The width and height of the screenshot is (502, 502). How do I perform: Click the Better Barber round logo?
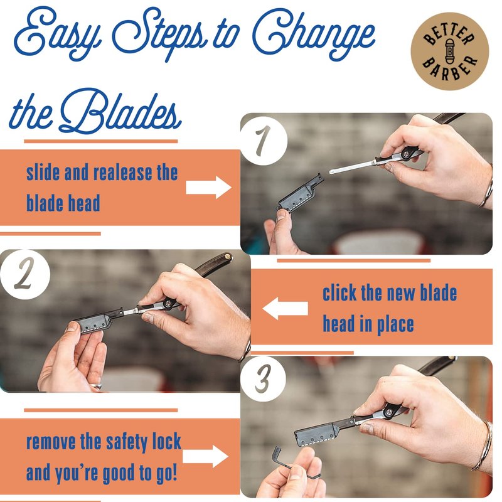pyautogui.click(x=450, y=51)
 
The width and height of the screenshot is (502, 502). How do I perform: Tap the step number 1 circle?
pyautogui.click(x=264, y=141)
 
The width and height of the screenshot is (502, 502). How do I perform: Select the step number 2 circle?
pyautogui.click(x=25, y=274)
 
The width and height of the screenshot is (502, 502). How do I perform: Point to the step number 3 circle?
pyautogui.click(x=263, y=379)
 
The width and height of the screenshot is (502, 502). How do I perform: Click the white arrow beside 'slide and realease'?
pyautogui.click(x=208, y=187)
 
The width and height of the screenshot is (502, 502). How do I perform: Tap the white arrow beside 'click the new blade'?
pyautogui.click(x=286, y=308)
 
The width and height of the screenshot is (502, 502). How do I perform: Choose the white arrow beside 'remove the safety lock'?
pyautogui.click(x=205, y=456)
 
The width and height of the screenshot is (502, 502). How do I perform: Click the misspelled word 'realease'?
pyautogui.click(x=122, y=173)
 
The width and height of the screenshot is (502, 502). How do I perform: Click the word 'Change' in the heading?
pyautogui.click(x=313, y=35)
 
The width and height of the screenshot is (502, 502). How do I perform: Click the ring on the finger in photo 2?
pyautogui.click(x=96, y=386)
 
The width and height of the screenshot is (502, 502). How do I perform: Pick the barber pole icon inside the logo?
pyautogui.click(x=450, y=51)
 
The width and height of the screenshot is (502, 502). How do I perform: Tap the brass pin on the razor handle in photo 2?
pyautogui.click(x=228, y=257)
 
